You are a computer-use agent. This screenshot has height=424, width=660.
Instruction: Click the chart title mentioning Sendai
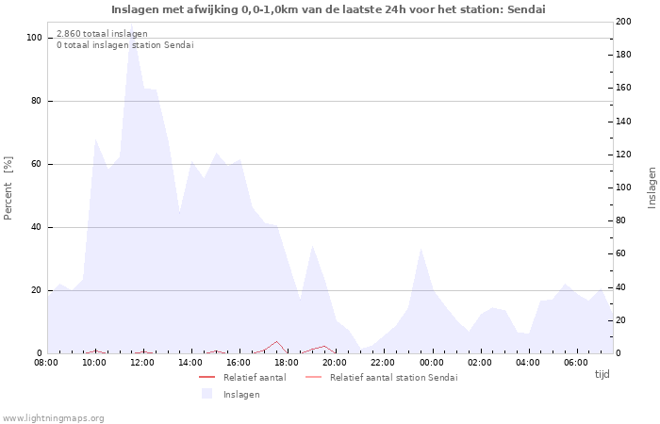click(x=328, y=9)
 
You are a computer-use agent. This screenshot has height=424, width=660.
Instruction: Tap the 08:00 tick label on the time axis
click(x=46, y=362)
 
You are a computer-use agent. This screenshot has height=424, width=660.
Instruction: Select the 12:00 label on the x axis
click(x=142, y=362)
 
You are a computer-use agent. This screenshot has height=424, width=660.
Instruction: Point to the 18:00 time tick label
click(x=287, y=362)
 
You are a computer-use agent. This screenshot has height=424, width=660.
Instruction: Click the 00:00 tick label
click(x=431, y=362)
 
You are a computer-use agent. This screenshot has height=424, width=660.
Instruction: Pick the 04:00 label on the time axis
click(x=527, y=362)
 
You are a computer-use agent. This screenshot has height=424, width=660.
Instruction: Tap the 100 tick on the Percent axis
click(x=34, y=38)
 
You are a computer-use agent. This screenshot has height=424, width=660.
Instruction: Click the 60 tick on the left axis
click(x=37, y=164)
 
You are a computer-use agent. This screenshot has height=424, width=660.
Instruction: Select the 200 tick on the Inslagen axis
click(x=623, y=21)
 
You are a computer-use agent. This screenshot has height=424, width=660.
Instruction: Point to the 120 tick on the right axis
click(x=623, y=155)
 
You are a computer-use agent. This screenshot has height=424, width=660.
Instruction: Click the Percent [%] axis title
click(x=8, y=188)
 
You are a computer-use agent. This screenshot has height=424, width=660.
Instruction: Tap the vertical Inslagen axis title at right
click(x=652, y=188)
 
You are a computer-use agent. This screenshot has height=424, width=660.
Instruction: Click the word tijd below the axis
click(x=602, y=374)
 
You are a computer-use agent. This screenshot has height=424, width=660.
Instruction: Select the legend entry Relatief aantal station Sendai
click(x=393, y=378)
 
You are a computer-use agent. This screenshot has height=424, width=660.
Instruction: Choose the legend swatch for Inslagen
click(x=206, y=394)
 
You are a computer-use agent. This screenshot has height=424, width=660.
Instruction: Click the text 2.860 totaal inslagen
click(x=102, y=34)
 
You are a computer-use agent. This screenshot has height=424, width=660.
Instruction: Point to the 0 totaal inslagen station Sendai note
click(x=124, y=45)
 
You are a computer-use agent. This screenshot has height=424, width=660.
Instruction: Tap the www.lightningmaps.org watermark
click(x=53, y=417)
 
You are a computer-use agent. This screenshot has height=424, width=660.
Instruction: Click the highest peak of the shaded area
click(x=132, y=41)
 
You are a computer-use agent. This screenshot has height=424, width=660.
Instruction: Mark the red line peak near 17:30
click(x=276, y=341)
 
